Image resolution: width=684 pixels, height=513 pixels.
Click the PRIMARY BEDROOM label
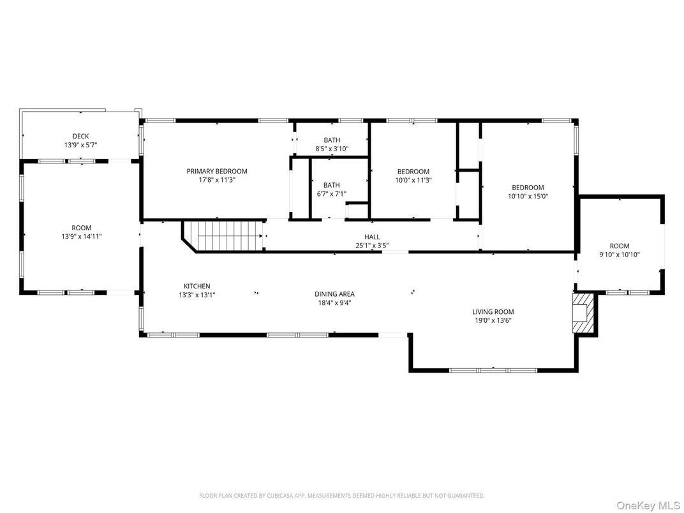(x=217, y=172)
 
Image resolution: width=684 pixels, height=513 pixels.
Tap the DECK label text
(x=80, y=137)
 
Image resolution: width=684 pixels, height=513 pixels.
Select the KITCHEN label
(x=197, y=286)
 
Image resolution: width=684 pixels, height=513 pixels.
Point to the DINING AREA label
(x=334, y=294)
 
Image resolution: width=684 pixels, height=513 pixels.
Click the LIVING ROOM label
(x=493, y=312)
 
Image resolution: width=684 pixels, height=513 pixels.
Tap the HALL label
(x=372, y=237)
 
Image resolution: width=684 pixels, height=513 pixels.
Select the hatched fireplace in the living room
(x=583, y=313)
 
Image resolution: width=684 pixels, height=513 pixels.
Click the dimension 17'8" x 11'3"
(x=217, y=180)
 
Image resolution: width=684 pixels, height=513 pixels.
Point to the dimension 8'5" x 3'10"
(x=332, y=149)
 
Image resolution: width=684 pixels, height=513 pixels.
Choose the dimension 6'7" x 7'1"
(x=332, y=194)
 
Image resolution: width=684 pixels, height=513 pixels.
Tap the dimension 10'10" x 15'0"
(x=528, y=197)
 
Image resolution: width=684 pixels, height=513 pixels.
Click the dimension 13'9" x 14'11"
(x=82, y=237)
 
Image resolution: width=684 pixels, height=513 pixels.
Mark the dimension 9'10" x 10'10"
(x=620, y=255)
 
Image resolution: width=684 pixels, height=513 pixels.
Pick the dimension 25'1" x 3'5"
(x=372, y=246)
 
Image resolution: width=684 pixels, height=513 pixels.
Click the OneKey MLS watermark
(x=648, y=505)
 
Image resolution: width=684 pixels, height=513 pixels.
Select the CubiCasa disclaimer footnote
(x=341, y=496)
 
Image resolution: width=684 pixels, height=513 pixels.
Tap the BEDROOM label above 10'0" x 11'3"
(x=413, y=172)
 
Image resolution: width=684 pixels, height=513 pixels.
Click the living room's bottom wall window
(x=493, y=370)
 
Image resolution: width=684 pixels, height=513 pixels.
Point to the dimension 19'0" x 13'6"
(x=493, y=320)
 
